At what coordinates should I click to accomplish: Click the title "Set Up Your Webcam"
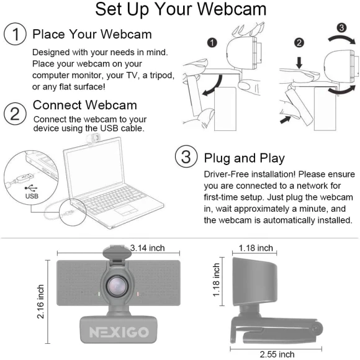[181, 11]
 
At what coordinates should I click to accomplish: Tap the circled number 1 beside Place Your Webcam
[14, 34]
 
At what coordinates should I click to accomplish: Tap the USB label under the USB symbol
[32, 194]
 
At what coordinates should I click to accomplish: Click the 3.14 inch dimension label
[147, 248]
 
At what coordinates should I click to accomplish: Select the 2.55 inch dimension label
[277, 354]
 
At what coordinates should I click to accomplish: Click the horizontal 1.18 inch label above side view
[256, 248]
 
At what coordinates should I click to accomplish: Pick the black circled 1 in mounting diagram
[212, 43]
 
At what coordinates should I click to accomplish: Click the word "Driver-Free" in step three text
[226, 174]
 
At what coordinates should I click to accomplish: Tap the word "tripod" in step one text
[158, 75]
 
